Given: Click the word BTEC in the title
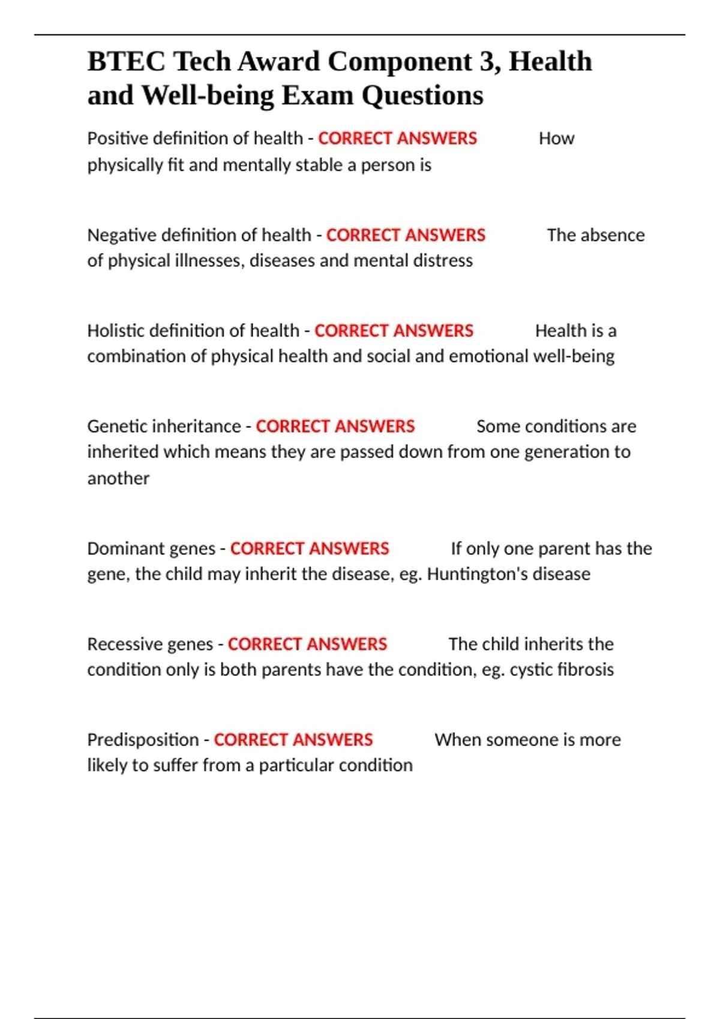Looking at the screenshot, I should pos(126,62).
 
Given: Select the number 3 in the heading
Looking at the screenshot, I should pos(487,62).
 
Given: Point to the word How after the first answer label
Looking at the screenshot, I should pos(556,138).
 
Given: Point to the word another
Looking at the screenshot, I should pos(118,478).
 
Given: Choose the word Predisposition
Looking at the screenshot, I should pos(143,740).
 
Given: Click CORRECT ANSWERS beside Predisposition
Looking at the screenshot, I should pos(293,740).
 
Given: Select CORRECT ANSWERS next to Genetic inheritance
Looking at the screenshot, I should pos(335,426).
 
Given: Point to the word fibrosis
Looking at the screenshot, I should pos(586,670).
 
